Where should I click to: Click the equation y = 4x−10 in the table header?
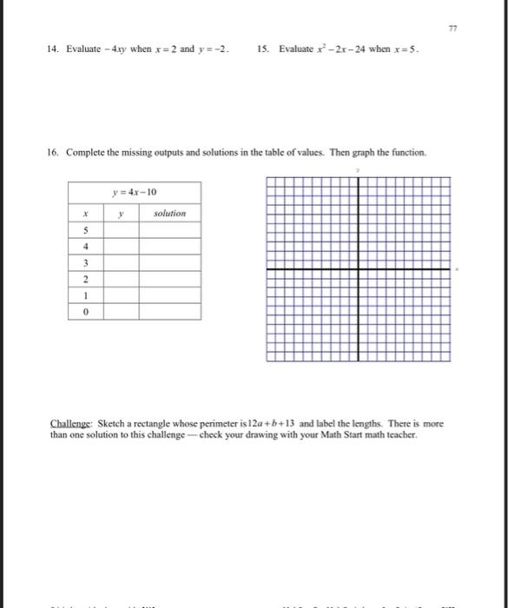(x=135, y=192)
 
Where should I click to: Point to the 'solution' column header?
(x=169, y=213)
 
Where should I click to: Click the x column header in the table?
(x=85, y=213)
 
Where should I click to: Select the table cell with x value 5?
(x=85, y=231)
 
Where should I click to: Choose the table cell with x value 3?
(x=85, y=263)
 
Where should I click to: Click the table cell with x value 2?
(x=85, y=280)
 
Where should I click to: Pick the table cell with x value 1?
(x=85, y=295)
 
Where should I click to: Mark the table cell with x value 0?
(x=85, y=312)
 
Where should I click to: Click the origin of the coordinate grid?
(x=359, y=270)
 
